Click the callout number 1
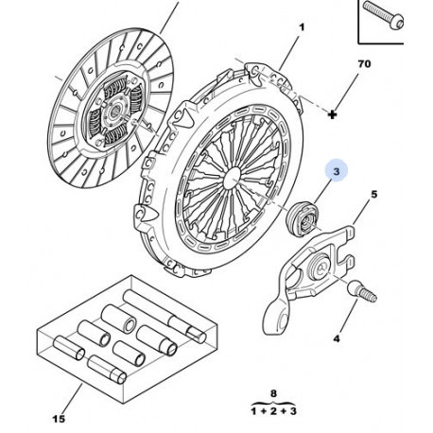302,27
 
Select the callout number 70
364,64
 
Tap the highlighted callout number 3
337,171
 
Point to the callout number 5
373,195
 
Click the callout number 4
337,338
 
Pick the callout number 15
59,419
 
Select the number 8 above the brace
273,393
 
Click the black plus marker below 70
332,114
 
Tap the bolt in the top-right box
383,14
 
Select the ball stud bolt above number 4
362,290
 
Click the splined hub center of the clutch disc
115,111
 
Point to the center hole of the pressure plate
233,178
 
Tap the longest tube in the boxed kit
165,316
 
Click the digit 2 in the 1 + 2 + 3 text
273,411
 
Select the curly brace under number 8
273,403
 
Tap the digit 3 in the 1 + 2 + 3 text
292,411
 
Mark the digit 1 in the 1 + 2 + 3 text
254,411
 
